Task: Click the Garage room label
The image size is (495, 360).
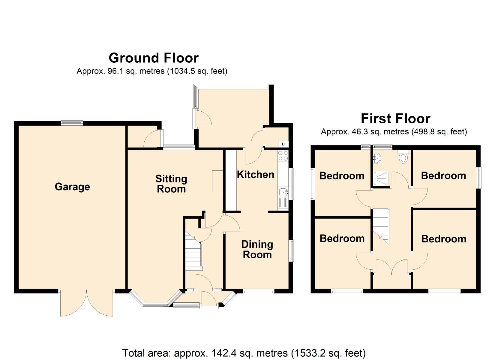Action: [x=72, y=187]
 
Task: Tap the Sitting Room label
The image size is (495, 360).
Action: [x=171, y=184]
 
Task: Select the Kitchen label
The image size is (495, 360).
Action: [x=255, y=174]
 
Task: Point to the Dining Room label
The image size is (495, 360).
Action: [x=257, y=250]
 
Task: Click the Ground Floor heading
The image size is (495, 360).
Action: [x=154, y=58]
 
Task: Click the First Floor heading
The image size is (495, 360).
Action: [x=395, y=119]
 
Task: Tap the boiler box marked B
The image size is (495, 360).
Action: [x=283, y=144]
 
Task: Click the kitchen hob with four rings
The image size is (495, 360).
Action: [x=283, y=156]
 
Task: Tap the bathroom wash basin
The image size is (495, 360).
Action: [x=377, y=158]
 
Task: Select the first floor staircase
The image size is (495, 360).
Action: [x=381, y=225]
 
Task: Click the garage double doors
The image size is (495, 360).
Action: [x=87, y=303]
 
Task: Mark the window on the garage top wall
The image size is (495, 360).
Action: [x=72, y=123]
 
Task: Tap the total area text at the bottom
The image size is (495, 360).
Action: [x=244, y=353]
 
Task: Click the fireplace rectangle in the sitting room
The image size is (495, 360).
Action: [x=218, y=181]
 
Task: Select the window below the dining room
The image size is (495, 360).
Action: [x=259, y=292]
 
